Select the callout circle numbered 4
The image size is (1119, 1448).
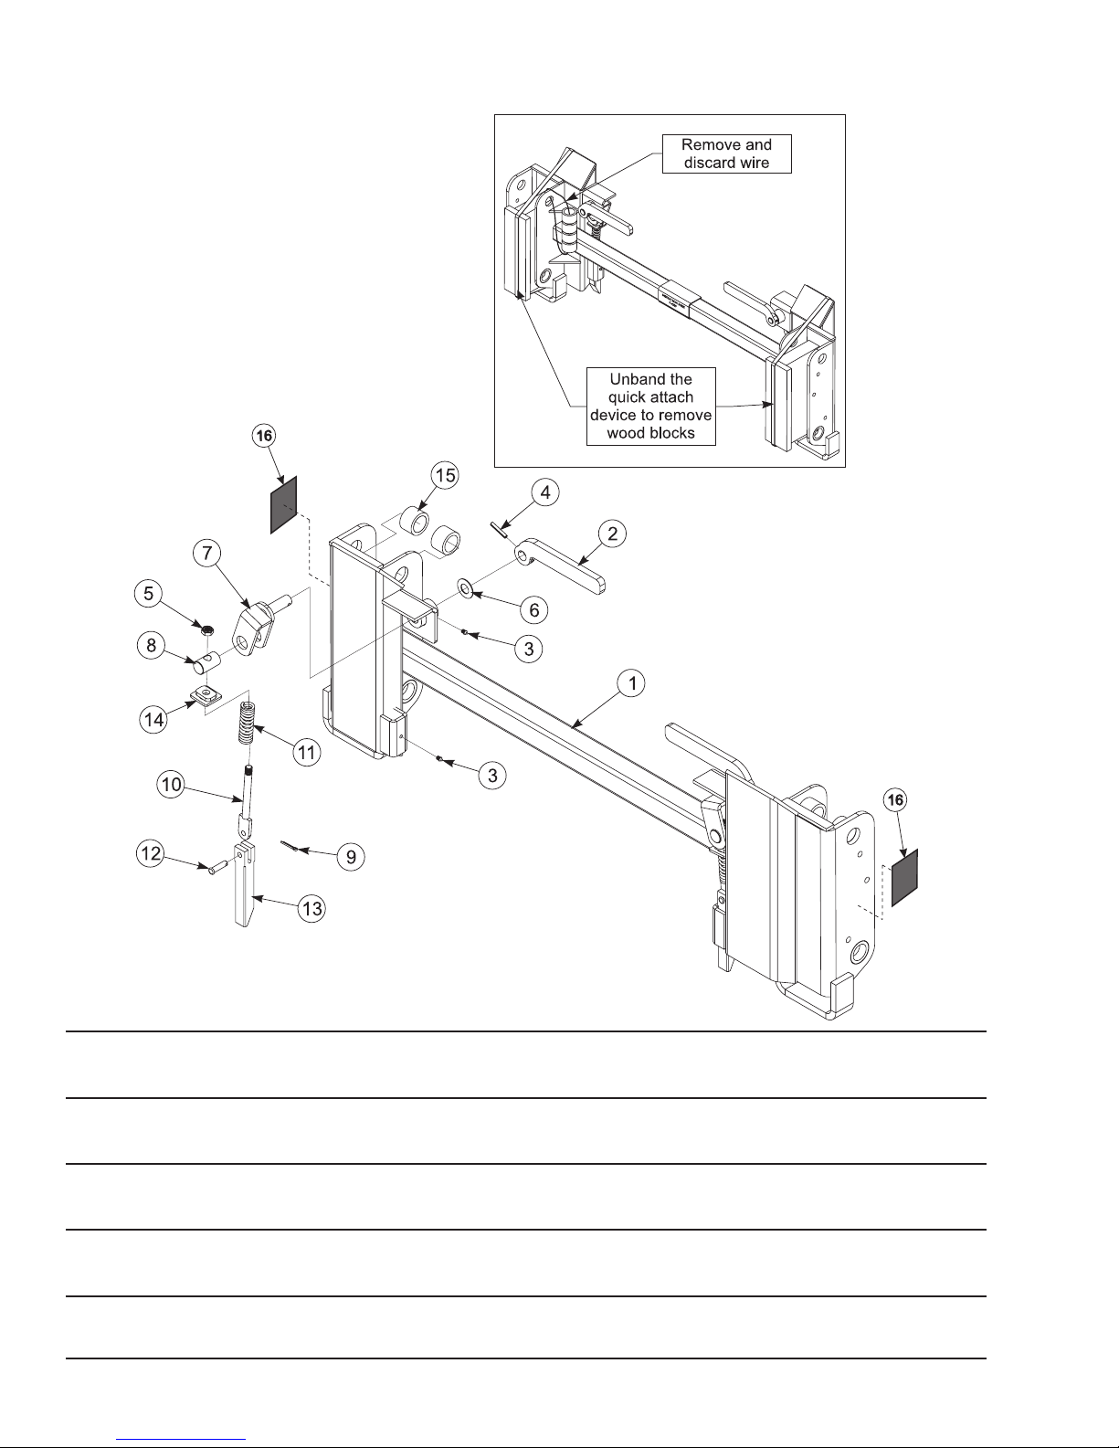click(x=545, y=493)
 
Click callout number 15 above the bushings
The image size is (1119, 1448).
click(x=445, y=476)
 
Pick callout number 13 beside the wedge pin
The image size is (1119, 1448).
click(x=312, y=910)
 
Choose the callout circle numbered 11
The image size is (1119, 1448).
click(x=306, y=753)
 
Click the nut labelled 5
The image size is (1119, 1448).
click(x=208, y=629)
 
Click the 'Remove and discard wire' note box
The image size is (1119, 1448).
click(x=726, y=153)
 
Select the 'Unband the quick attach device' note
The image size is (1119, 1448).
click(x=650, y=407)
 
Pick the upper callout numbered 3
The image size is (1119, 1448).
click(x=527, y=649)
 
